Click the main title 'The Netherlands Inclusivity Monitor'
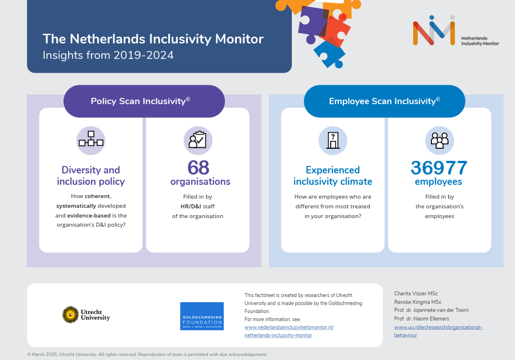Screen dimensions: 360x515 click(x=153, y=39)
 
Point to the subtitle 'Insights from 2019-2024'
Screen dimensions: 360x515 click(x=108, y=56)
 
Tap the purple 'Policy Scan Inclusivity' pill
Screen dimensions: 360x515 click(x=144, y=101)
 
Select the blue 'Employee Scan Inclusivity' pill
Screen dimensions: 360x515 click(x=384, y=101)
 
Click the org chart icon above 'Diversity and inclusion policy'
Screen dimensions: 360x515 click(x=90, y=140)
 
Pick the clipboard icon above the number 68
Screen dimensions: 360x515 click(x=197, y=140)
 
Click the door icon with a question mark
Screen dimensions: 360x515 click(x=332, y=140)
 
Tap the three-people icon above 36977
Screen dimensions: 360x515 click(x=439, y=140)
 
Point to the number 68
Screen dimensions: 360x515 click(x=198, y=168)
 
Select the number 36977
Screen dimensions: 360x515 click(x=439, y=168)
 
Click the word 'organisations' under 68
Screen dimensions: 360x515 click(x=200, y=181)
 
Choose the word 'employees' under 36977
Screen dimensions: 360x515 click(x=438, y=181)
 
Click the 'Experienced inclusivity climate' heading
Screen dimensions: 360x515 click(x=332, y=176)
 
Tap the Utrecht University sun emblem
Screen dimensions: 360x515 click(x=70, y=314)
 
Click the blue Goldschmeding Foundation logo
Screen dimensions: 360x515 click(x=201, y=316)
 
